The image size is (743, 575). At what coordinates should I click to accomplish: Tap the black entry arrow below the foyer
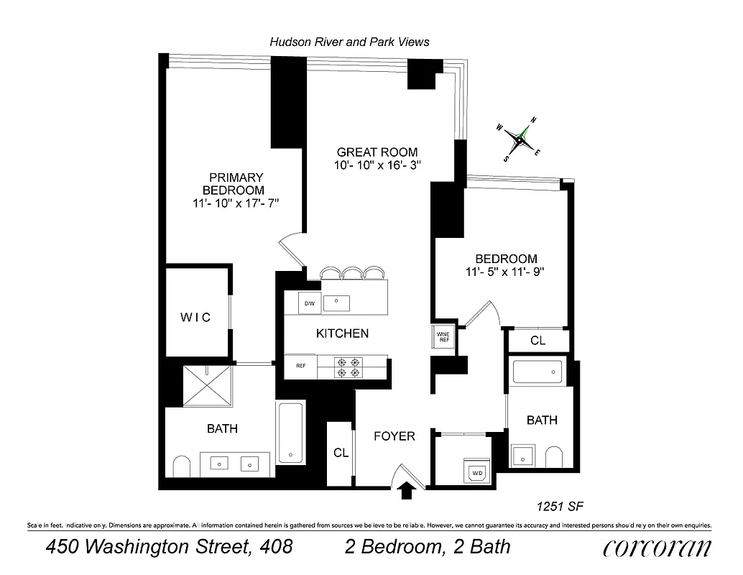click(x=406, y=490)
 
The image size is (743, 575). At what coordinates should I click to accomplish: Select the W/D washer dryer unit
click(x=478, y=472)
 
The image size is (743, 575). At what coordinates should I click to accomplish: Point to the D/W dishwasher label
click(x=310, y=304)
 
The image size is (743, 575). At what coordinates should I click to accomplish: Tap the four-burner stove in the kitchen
click(x=349, y=367)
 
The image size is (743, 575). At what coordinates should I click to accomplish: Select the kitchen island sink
click(x=336, y=303)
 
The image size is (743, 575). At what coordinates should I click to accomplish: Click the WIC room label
click(x=195, y=317)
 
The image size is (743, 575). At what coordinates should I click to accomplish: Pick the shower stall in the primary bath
click(x=208, y=387)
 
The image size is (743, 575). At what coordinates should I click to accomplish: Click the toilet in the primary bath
click(x=180, y=466)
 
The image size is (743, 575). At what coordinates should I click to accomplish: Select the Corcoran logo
click(x=657, y=548)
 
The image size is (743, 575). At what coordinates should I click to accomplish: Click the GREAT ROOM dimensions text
click(x=377, y=165)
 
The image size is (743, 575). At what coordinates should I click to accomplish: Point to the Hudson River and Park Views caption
click(x=349, y=42)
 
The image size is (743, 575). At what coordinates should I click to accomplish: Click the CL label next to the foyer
click(x=341, y=454)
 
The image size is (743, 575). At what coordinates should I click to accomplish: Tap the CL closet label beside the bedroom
click(x=537, y=341)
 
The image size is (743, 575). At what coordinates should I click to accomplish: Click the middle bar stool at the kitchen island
click(x=352, y=272)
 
